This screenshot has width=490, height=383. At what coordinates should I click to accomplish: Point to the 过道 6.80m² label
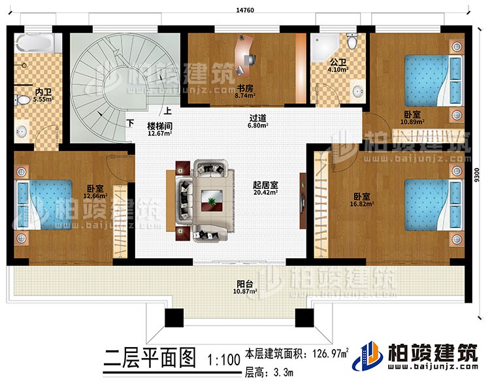click(258, 123)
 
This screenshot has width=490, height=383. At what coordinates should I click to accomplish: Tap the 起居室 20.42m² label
click(265, 188)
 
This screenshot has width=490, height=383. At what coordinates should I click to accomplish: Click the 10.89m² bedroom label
click(411, 117)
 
